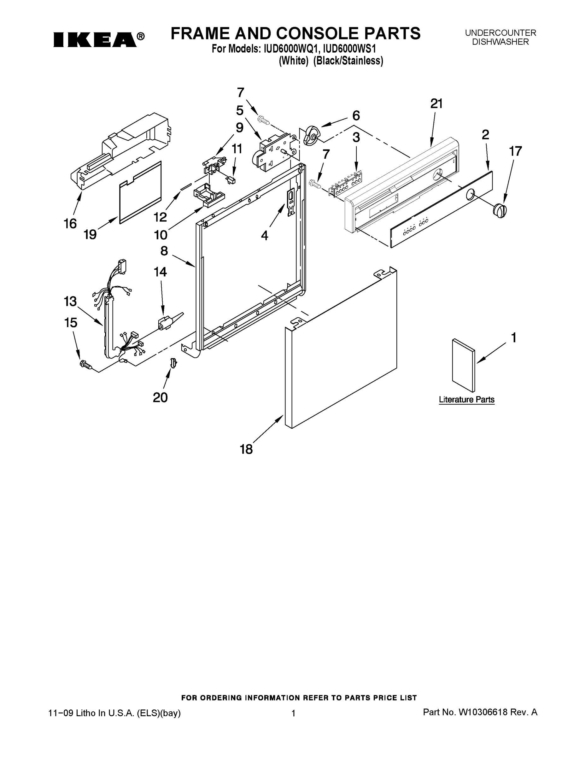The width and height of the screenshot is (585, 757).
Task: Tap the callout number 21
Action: coord(436,104)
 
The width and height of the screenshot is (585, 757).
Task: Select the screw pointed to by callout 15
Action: coord(85,364)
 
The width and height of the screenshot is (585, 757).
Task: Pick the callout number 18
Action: coord(246,449)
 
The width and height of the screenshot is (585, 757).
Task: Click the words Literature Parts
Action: coord(466,400)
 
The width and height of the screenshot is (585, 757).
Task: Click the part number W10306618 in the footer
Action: coord(483,712)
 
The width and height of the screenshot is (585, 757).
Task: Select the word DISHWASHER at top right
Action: coord(500,42)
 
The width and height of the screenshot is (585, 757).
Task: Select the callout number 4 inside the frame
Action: coord(264,236)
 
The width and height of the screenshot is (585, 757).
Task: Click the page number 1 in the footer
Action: coord(293,713)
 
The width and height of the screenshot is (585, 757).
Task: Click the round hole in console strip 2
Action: coord(471,194)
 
